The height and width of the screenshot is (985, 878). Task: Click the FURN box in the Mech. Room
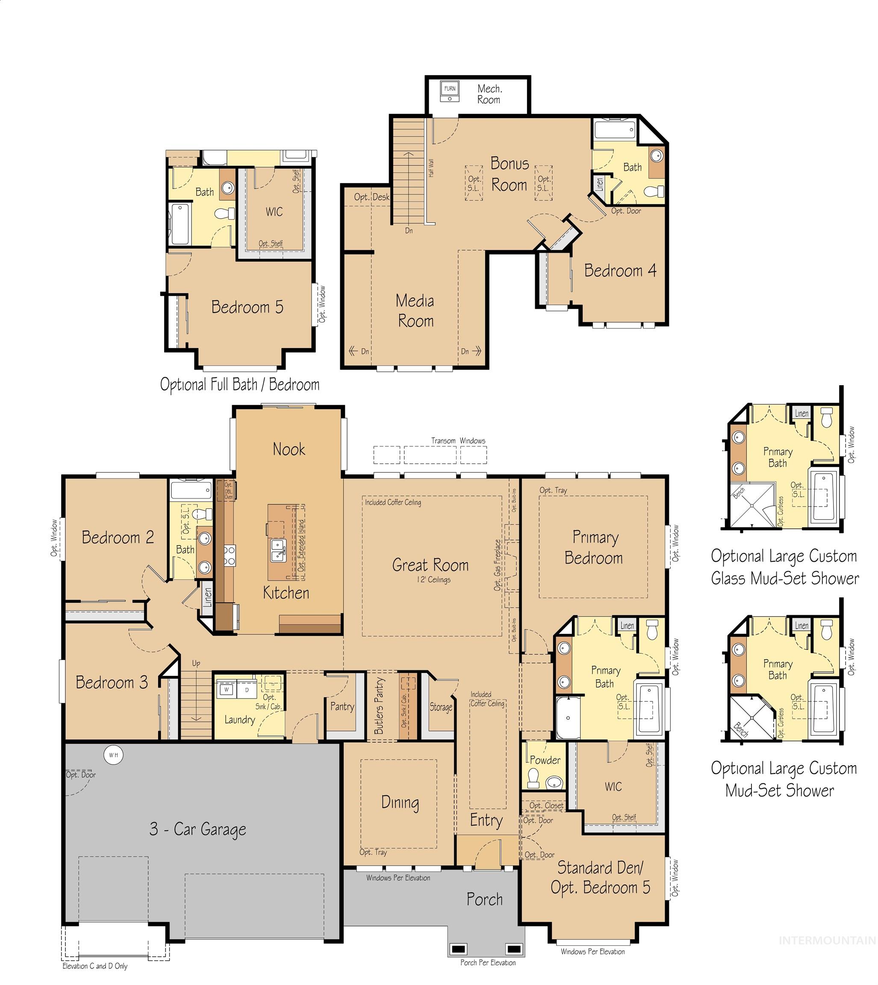[x=450, y=89]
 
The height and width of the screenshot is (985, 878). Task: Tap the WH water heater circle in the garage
[x=113, y=755]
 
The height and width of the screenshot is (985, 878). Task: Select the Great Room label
[x=430, y=565]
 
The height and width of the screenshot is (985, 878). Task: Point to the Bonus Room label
[x=510, y=174]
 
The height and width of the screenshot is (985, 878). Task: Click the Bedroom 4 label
[x=620, y=271]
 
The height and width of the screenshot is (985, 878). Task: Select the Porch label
[x=484, y=899]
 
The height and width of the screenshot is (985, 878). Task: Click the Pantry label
[x=342, y=707]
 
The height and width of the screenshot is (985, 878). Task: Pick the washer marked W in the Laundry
[x=226, y=690]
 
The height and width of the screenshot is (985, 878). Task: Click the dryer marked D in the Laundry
[x=247, y=690]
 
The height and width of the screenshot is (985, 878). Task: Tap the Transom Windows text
[x=458, y=441]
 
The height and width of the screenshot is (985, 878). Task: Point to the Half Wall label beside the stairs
[x=431, y=168]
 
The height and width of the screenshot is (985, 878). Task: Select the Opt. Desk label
[x=371, y=197]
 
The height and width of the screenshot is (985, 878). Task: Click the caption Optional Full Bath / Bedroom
[x=240, y=384]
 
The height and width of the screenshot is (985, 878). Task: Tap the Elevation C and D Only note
[x=95, y=966]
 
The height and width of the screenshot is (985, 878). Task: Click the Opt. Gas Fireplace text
[x=498, y=565]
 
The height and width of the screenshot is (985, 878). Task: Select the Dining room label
[x=400, y=802]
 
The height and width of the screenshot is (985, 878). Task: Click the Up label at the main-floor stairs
[x=196, y=663]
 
